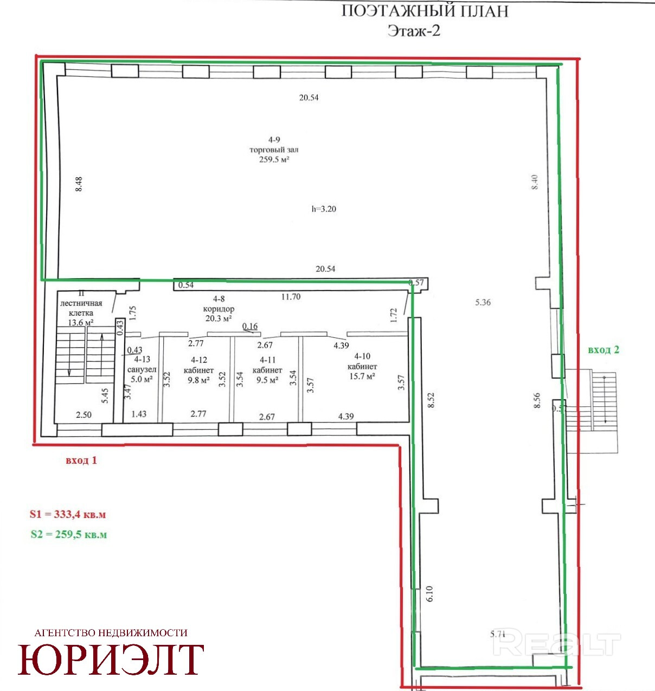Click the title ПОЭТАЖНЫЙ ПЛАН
[425, 11]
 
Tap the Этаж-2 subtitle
[414, 31]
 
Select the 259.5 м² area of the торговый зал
[274, 159]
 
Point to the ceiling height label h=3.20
[324, 209]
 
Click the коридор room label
[219, 309]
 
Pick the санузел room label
[142, 369]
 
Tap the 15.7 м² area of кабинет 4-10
[362, 376]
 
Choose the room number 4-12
[199, 360]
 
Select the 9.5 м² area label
[267, 380]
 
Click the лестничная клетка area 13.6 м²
[80, 322]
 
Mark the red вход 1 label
[81, 460]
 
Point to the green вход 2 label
[603, 350]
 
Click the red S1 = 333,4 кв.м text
[67, 514]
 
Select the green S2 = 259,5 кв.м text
[68, 534]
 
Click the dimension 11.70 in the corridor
[291, 297]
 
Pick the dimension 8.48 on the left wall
[79, 184]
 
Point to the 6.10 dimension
[429, 593]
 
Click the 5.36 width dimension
[483, 302]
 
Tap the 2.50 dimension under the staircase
[84, 415]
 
